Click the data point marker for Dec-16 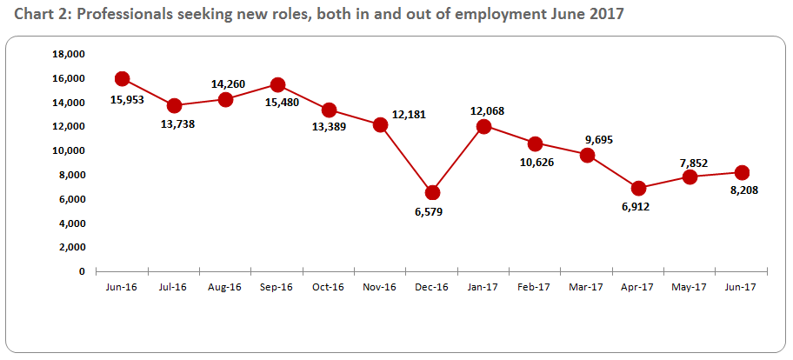(x=432, y=192)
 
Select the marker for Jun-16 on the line (x=123, y=79)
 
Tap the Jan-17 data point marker (x=483, y=126)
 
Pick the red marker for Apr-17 (x=639, y=188)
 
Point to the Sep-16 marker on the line (x=277, y=84)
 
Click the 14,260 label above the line (x=228, y=84)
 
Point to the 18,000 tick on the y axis (x=69, y=54)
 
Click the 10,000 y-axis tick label (x=69, y=150)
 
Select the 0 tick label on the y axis (x=82, y=271)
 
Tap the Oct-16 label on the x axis (x=329, y=287)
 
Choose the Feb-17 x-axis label (x=535, y=287)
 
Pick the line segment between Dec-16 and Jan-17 (x=458, y=159)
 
